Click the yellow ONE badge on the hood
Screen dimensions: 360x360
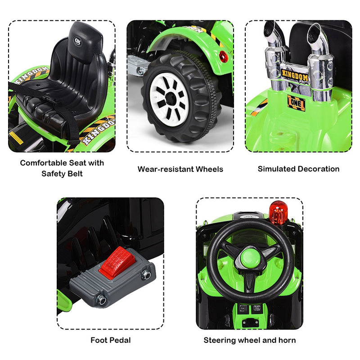(x=296, y=103)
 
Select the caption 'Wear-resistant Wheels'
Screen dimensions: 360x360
(x=180, y=169)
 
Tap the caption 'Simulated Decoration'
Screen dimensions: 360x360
(x=298, y=169)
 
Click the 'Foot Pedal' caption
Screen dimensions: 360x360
(x=110, y=340)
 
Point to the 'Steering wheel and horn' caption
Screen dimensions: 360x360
(x=250, y=340)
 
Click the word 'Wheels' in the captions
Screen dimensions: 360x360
(x=208, y=169)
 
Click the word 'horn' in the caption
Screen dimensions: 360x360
(x=287, y=340)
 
